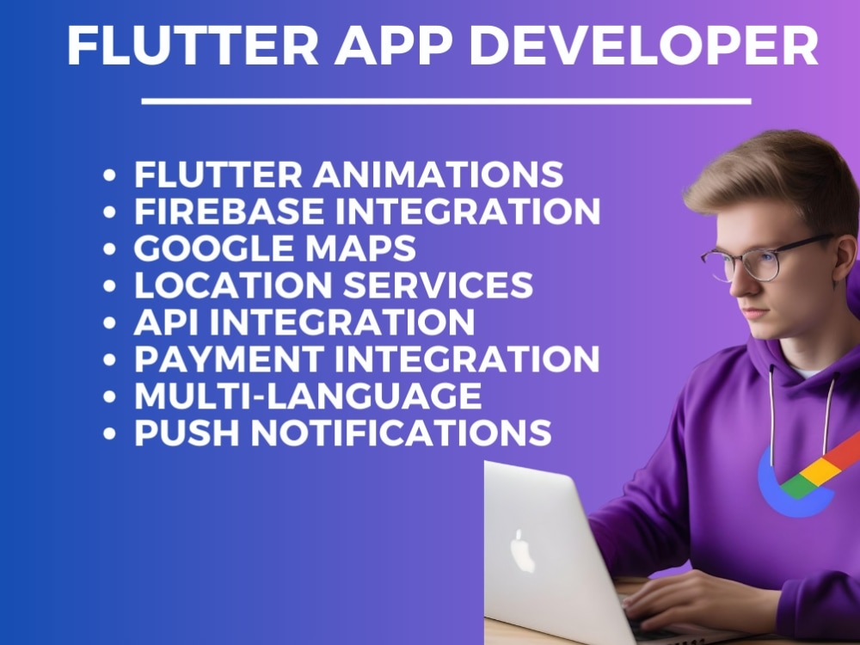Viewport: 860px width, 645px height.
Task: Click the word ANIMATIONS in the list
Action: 437,174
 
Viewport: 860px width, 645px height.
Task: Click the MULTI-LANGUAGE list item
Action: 307,396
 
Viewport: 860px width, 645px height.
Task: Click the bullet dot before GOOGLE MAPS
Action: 109,249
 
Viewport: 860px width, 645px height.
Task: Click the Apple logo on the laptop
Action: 523,551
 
